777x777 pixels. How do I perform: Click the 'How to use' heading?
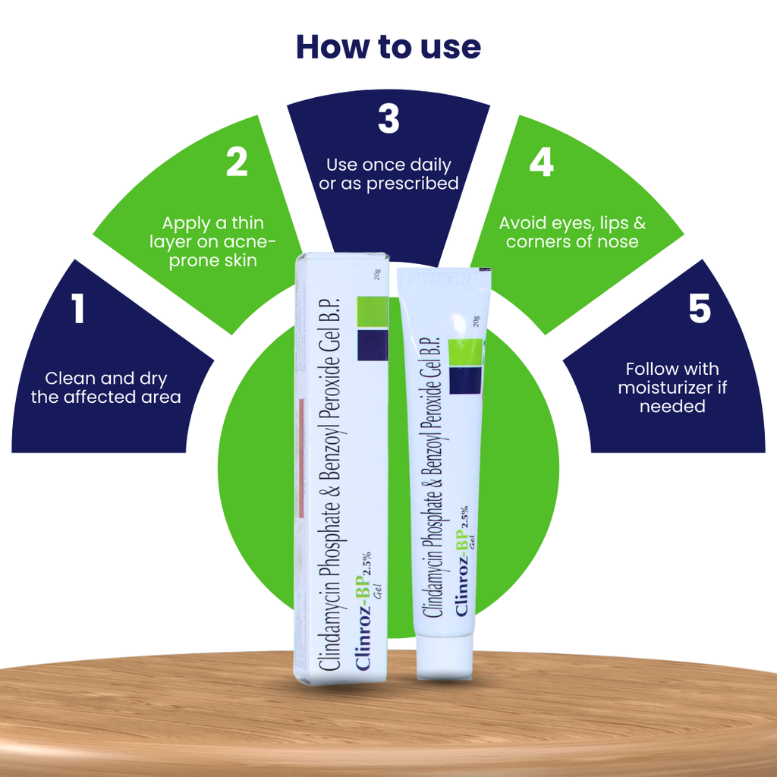388,47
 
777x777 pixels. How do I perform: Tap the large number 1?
77,308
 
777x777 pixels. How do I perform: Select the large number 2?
237,162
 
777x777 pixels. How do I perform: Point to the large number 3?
388,118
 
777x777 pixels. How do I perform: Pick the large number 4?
541,162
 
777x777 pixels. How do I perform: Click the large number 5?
700,308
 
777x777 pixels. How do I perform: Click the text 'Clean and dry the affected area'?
106,388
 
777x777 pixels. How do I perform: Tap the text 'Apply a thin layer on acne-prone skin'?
212,242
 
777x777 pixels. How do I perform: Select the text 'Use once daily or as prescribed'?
388,174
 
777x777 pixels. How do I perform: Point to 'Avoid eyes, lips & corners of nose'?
572,232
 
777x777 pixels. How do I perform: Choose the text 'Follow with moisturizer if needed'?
672,388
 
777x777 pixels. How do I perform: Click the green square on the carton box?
372,312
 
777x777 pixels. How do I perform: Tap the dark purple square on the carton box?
373,345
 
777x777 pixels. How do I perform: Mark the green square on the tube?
465,352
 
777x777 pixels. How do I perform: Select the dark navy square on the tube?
466,381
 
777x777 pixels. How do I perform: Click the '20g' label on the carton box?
378,275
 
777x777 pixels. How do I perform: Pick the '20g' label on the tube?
476,321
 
